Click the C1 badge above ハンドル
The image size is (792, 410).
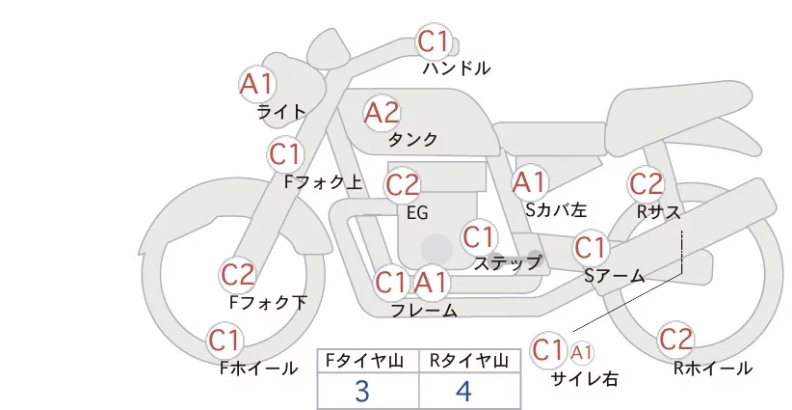tap(435, 41)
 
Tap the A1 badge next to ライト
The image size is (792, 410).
tap(257, 84)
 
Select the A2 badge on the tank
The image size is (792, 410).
tap(382, 113)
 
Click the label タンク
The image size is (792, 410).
tap(412, 140)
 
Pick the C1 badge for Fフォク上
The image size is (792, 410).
tap(286, 153)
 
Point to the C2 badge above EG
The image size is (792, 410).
tap(402, 184)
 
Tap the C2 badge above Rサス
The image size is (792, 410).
tap(646, 182)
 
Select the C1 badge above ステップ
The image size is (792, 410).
tap(479, 236)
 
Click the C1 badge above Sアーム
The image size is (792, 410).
tap(591, 248)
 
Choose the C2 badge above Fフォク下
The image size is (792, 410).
tap(238, 275)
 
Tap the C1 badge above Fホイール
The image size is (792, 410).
tap(225, 341)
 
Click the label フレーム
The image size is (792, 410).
tap(424, 311)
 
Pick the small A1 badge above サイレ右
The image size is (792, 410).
tap(583, 351)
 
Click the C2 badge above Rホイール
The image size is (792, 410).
tap(676, 340)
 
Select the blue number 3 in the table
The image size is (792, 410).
tap(362, 392)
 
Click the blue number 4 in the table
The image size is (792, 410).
tap(464, 392)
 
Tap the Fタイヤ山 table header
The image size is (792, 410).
tap(368, 361)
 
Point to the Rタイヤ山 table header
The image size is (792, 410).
tap(468, 361)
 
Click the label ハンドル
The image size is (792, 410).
tap(457, 68)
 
